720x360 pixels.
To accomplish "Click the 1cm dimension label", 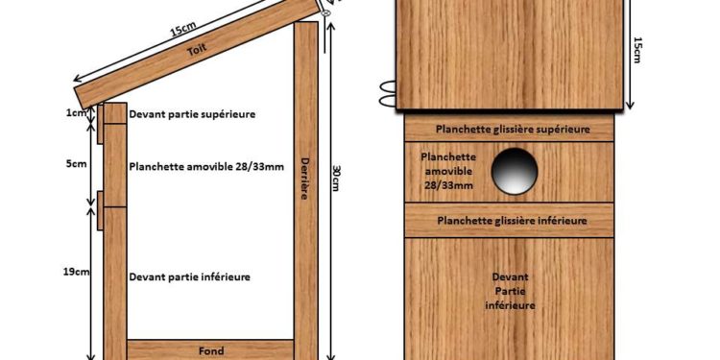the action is click(76, 113).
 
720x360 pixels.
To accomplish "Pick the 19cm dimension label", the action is click(77, 272).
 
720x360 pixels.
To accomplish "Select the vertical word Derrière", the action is click(304, 179).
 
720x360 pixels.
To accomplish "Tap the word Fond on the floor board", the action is click(210, 351).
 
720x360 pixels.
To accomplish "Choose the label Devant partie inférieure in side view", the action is click(190, 276).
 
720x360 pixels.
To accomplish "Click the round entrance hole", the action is click(515, 172).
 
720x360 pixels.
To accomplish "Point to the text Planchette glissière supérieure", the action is click(511, 128).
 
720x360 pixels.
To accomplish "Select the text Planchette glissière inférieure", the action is click(511, 221).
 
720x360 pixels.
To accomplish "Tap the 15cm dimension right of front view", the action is click(636, 49).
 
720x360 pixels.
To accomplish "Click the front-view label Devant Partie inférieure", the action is click(511, 290).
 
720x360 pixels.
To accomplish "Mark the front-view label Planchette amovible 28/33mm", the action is click(447, 170).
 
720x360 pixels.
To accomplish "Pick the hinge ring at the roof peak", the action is click(327, 13).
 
